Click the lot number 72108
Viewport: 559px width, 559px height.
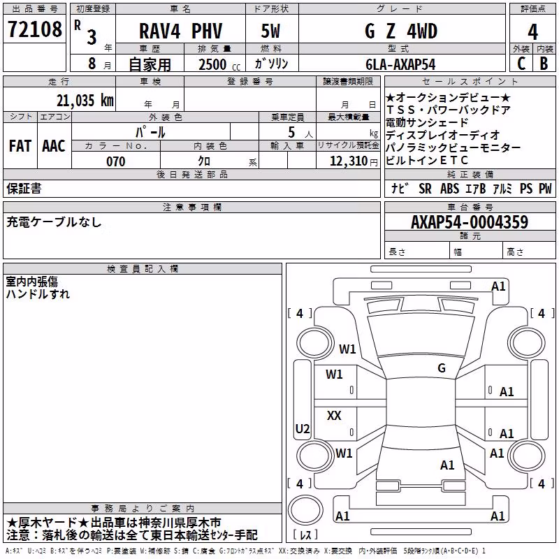(34, 29)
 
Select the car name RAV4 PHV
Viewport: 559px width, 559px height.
(180, 31)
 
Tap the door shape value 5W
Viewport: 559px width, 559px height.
(270, 31)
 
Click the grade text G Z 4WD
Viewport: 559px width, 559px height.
(401, 31)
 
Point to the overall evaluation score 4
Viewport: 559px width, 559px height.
(532, 32)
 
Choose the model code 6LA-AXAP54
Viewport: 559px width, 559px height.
(400, 64)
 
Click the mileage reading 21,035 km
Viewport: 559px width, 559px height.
(85, 101)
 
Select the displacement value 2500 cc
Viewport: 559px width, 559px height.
(219, 65)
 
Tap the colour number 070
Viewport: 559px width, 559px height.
(116, 161)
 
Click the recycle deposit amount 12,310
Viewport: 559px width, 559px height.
(349, 161)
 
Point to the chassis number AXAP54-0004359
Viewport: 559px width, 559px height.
(470, 222)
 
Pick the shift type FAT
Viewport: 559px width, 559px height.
(20, 146)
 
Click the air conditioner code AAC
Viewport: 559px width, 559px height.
(54, 146)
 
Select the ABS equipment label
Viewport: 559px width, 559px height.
(449, 189)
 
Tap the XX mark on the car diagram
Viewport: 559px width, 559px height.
(334, 415)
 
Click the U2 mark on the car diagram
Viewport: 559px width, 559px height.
(303, 428)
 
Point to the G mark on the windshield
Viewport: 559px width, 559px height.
(442, 368)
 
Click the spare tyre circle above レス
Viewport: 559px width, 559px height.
(305, 510)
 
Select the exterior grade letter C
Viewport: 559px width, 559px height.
(521, 64)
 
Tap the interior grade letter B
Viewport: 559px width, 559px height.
(544, 64)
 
